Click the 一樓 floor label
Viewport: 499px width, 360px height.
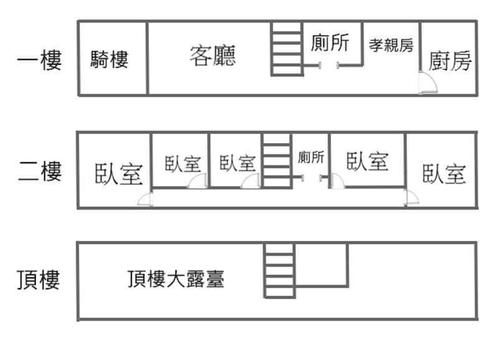click(x=40, y=61)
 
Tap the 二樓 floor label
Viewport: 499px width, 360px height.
click(x=40, y=170)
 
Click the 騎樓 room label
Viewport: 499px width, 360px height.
click(x=109, y=60)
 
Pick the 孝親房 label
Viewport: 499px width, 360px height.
click(x=391, y=45)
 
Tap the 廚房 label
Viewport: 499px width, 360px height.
click(x=450, y=61)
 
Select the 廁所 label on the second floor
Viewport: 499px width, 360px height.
click(x=311, y=157)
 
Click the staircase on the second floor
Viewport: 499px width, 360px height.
click(x=277, y=160)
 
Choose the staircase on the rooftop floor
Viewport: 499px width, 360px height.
click(x=279, y=270)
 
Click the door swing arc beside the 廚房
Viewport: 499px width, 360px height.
click(x=427, y=82)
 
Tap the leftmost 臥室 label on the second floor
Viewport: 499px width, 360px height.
click(x=119, y=173)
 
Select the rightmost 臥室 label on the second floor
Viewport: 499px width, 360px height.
click(x=444, y=173)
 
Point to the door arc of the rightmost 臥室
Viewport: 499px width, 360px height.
click(x=411, y=198)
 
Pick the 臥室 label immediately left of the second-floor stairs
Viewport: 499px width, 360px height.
click(x=238, y=163)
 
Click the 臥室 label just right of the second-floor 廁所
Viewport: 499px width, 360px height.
click(x=367, y=162)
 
